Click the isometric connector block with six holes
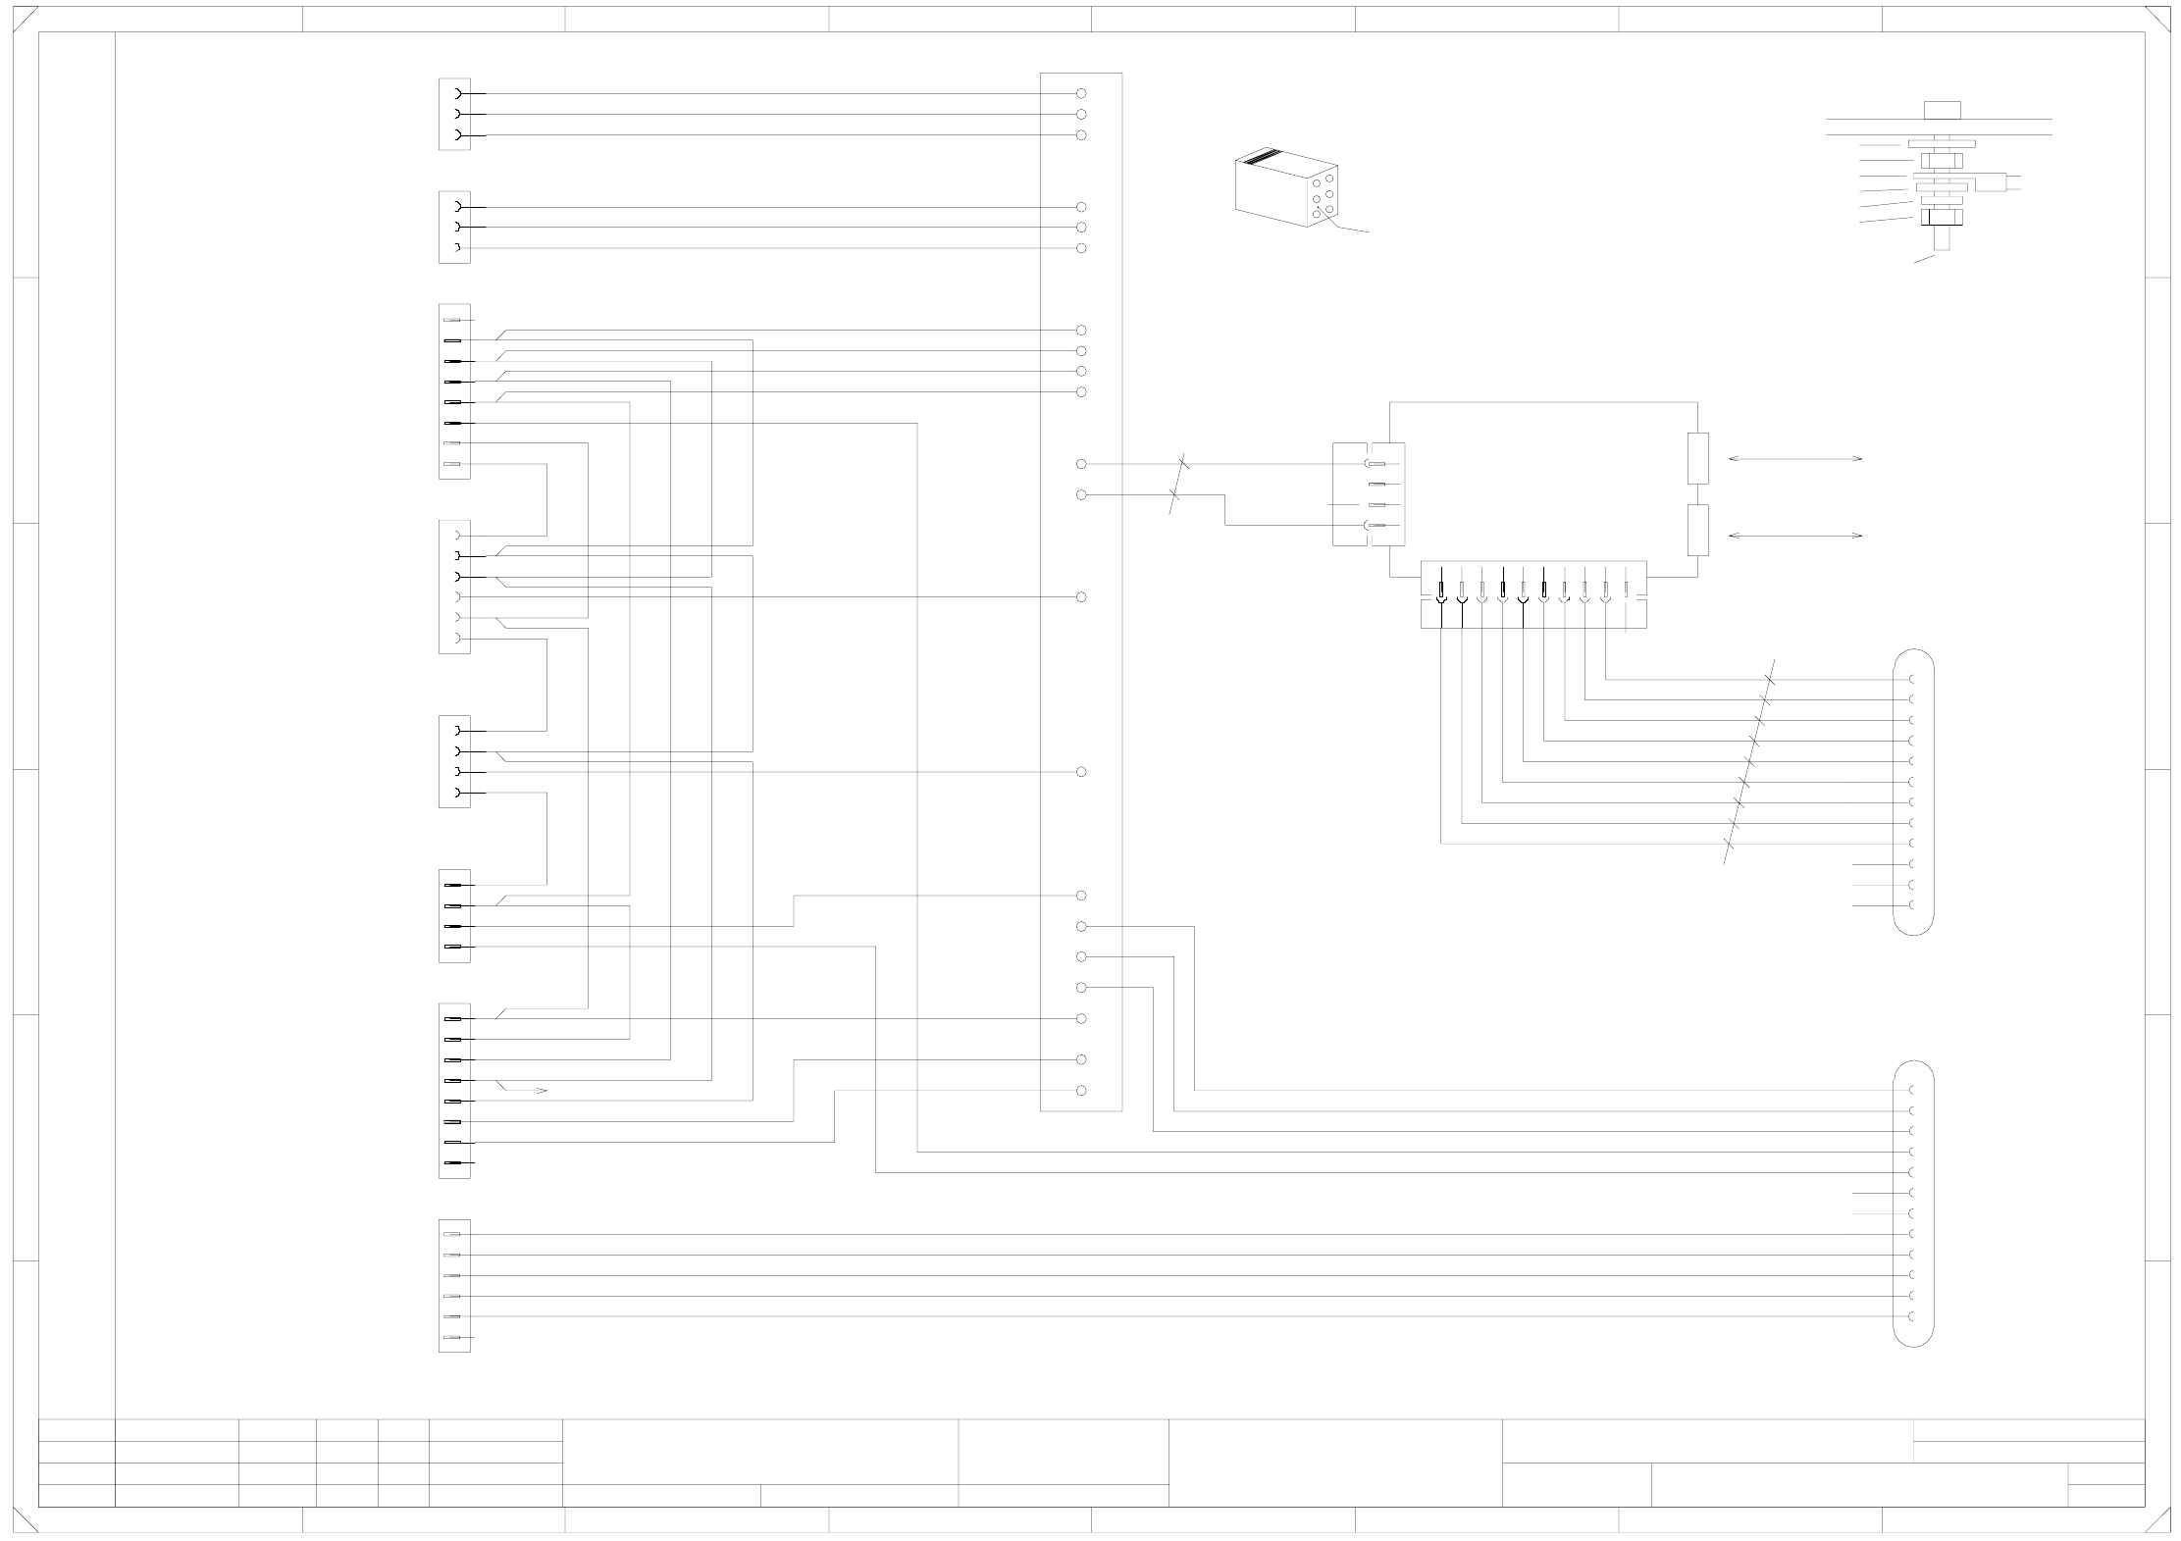(x=1286, y=187)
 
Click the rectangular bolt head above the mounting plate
(x=1942, y=109)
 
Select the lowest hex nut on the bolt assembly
(x=1942, y=216)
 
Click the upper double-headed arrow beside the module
(x=1794, y=458)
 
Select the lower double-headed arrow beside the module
(x=1794, y=536)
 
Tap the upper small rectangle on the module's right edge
(x=1697, y=458)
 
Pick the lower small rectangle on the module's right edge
(x=1697, y=530)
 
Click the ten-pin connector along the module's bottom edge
(x=1532, y=594)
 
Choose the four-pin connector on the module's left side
(x=1369, y=494)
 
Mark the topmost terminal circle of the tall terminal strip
(x=1081, y=94)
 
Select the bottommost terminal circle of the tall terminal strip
(x=1081, y=1091)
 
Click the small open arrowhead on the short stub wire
(x=541, y=1091)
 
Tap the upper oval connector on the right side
(x=1913, y=792)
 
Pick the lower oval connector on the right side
(x=1913, y=1204)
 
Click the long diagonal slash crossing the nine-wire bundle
(x=1748, y=761)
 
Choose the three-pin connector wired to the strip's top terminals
(x=454, y=115)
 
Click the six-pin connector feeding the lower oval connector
(x=454, y=1286)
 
